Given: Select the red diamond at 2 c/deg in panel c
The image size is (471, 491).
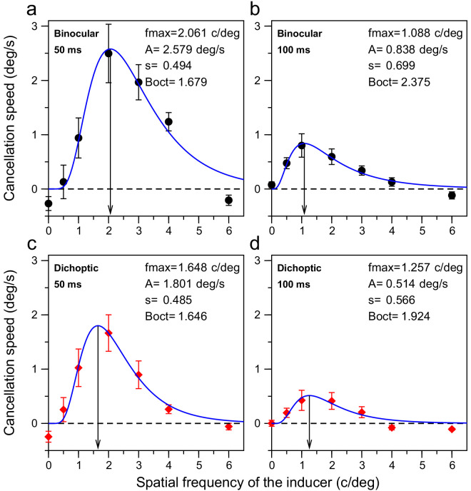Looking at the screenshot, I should (108, 333).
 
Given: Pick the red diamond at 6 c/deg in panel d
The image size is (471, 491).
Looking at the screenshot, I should (452, 429).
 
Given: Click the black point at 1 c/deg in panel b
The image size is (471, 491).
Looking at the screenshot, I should (302, 146).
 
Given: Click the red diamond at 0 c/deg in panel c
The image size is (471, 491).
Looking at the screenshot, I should (49, 436).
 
